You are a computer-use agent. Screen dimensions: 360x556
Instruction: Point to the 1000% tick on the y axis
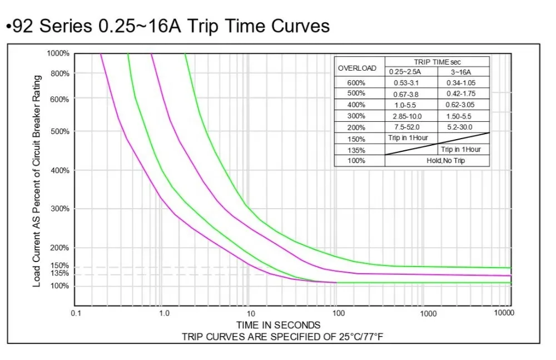coord(58,53)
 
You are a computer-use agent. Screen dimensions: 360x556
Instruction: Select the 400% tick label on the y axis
coord(58,170)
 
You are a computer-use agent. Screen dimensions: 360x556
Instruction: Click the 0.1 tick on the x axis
coord(76,313)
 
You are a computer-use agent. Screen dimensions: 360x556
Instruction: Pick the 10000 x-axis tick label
coord(504,313)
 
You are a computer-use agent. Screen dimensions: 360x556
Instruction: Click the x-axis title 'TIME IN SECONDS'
coord(278,325)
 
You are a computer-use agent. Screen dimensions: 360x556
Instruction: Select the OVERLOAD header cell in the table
coord(358,68)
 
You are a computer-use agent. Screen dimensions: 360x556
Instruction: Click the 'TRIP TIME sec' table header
coord(437,62)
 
